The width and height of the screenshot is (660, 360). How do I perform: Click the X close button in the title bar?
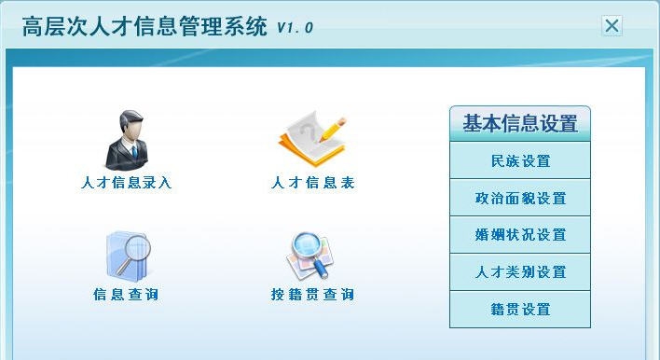click(612, 26)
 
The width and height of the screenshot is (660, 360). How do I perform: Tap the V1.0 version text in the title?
click(295, 28)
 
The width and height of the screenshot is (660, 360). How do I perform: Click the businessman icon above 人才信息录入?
click(127, 139)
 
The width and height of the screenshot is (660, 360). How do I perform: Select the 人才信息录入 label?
click(127, 184)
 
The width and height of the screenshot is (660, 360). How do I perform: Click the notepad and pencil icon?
click(311, 140)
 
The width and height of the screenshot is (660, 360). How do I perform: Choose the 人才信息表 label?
click(312, 184)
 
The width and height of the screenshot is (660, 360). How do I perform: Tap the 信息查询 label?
click(126, 296)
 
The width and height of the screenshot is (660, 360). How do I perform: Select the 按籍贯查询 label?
click(312, 296)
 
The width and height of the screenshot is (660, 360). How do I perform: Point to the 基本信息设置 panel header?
click(520, 123)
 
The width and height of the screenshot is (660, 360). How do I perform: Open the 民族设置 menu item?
click(520, 160)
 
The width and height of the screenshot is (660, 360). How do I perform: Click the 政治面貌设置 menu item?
click(520, 198)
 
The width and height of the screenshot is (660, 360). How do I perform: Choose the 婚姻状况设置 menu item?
click(520, 235)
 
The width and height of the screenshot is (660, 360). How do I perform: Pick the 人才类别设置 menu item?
click(520, 272)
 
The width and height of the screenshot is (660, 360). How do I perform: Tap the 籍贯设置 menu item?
click(520, 310)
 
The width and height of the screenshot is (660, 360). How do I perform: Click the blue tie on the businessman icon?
click(132, 150)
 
